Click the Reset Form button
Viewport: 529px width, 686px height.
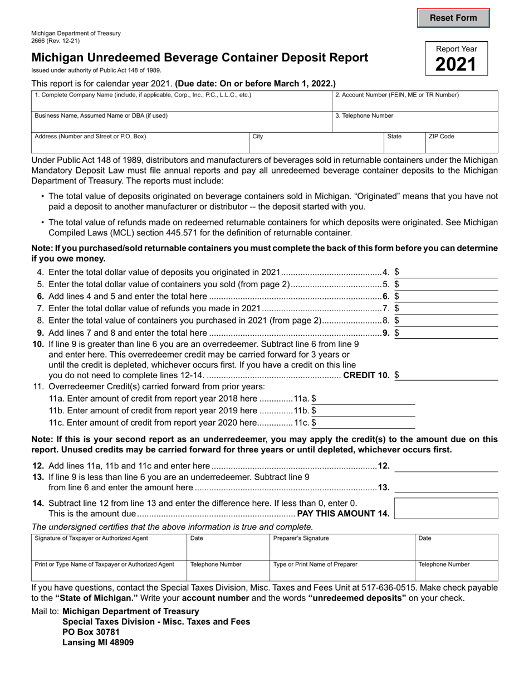tap(453, 18)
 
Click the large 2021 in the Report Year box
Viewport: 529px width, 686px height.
tap(456, 65)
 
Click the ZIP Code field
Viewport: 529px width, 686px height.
tap(461, 144)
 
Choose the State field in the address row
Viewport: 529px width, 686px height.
tap(404, 144)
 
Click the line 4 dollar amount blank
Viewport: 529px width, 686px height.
tap(448, 272)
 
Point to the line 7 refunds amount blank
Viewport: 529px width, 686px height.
tap(448, 308)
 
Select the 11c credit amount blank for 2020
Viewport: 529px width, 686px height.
tap(366, 422)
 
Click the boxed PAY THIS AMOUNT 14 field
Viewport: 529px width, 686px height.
tap(446, 508)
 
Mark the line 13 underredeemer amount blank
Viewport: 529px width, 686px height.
tap(446, 487)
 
